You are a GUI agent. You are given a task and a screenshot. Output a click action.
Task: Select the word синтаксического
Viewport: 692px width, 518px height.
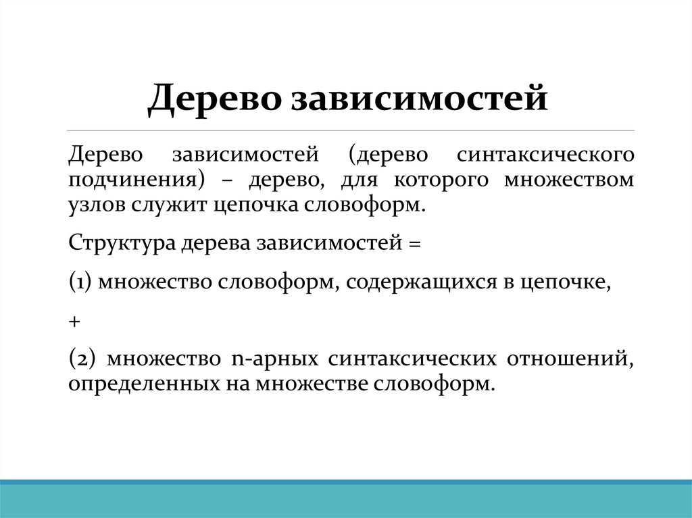click(x=545, y=155)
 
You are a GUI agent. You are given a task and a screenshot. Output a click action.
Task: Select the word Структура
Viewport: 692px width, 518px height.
click(x=122, y=243)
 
